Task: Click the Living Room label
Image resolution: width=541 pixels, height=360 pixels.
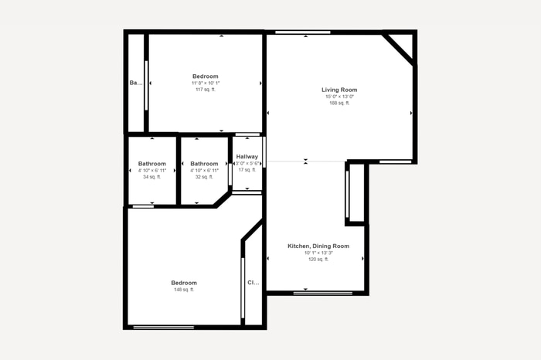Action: pyautogui.click(x=339, y=90)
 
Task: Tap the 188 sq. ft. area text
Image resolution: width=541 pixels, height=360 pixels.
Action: pyautogui.click(x=339, y=103)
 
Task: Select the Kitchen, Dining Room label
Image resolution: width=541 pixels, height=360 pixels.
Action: pyautogui.click(x=318, y=246)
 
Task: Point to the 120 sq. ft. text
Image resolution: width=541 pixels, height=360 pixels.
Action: pyautogui.click(x=318, y=260)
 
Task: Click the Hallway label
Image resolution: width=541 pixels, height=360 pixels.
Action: pyautogui.click(x=247, y=157)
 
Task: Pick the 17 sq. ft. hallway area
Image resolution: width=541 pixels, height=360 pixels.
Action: pyautogui.click(x=247, y=170)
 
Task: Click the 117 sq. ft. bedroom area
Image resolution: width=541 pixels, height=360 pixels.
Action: pyautogui.click(x=206, y=90)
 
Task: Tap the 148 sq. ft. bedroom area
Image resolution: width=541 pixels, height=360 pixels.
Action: pyautogui.click(x=184, y=290)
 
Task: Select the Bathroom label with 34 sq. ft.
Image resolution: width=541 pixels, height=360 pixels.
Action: pyautogui.click(x=152, y=164)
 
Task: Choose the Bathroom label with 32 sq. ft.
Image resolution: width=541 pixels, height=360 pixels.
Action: pyautogui.click(x=204, y=164)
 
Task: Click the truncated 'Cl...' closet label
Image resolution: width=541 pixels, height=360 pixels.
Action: pyautogui.click(x=253, y=283)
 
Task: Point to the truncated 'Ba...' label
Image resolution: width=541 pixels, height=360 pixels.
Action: pyautogui.click(x=135, y=83)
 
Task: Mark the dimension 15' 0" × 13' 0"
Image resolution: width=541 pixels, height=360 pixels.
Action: pyautogui.click(x=339, y=97)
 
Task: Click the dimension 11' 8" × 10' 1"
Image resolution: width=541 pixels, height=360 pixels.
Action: pyautogui.click(x=206, y=83)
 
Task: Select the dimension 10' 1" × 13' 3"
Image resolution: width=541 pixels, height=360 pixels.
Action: pyautogui.click(x=318, y=253)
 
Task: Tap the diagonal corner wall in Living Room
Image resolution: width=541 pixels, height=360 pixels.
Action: pyautogui.click(x=399, y=49)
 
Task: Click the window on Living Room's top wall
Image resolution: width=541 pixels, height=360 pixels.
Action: pyautogui.click(x=303, y=32)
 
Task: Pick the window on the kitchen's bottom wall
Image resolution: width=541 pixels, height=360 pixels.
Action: pyautogui.click(x=323, y=293)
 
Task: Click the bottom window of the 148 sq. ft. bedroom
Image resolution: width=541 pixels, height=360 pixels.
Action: pyautogui.click(x=163, y=328)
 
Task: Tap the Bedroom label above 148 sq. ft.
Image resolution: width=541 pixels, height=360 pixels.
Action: pyautogui.click(x=184, y=283)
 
